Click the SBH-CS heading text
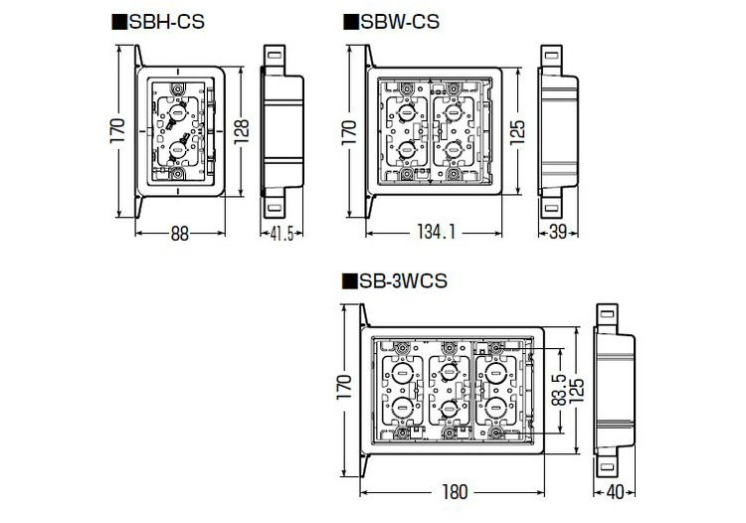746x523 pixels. (x=167, y=22)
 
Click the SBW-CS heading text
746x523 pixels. (x=400, y=22)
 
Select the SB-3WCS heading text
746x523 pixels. (x=404, y=281)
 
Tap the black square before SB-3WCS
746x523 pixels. (x=349, y=281)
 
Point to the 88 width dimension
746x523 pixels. (x=180, y=234)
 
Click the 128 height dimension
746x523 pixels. (x=242, y=131)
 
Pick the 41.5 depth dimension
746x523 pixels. (x=281, y=234)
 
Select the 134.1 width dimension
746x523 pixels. (x=437, y=232)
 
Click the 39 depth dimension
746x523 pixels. (x=558, y=232)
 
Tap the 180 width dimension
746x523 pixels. (x=455, y=492)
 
